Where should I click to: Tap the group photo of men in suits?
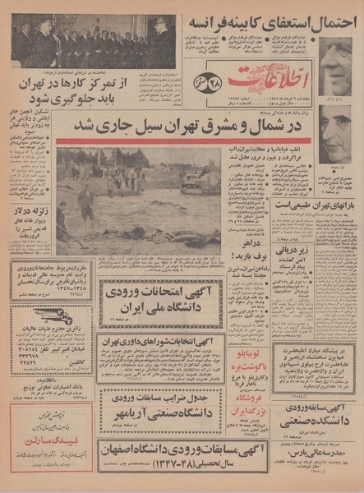coord(92,40)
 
